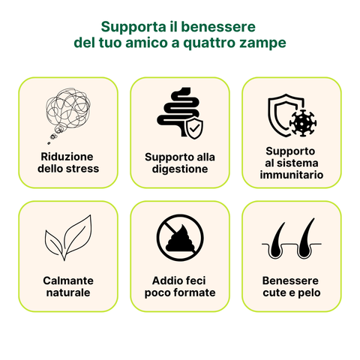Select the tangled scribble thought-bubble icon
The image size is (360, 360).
tap(67, 115)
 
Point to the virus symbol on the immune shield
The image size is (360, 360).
tap(302, 121)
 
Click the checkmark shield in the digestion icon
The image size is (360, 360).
tap(193, 129)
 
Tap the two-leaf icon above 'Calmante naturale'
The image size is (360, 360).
tap(67, 238)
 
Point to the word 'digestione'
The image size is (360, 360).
tap(179, 169)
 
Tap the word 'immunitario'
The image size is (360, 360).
tap(292, 175)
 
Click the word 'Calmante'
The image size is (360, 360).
tap(67, 280)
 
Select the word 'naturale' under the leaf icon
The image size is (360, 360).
tap(67, 292)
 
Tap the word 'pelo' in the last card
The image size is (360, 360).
tap(309, 292)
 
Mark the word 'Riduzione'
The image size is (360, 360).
tap(67, 156)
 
